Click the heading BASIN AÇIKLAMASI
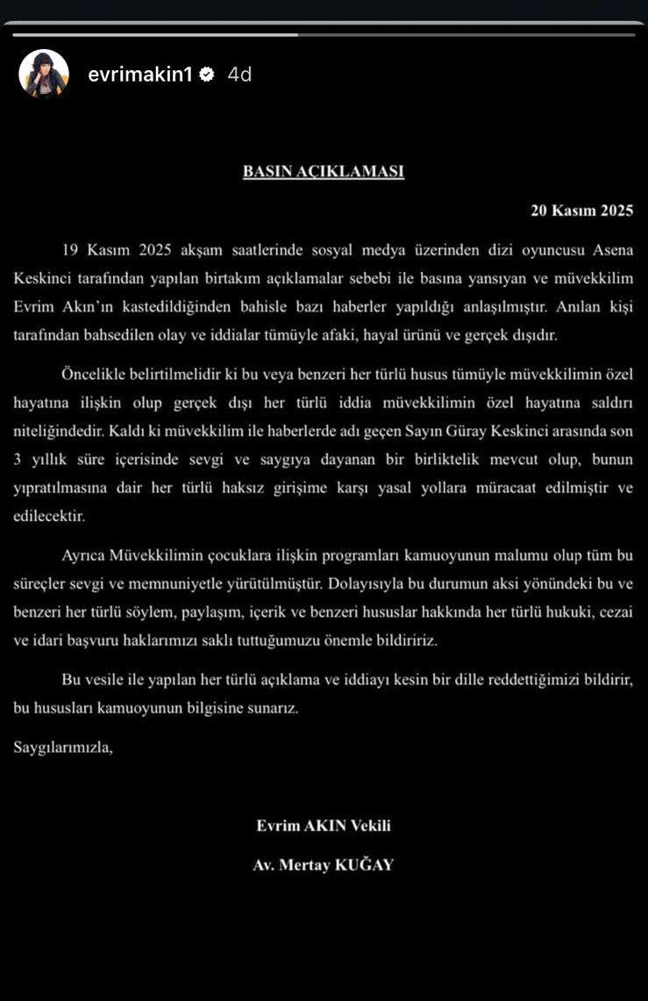[x=323, y=172]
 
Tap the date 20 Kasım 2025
[x=581, y=211]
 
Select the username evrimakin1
[x=139, y=75]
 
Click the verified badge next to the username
[x=207, y=75]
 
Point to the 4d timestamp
[x=239, y=75]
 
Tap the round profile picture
[x=44, y=74]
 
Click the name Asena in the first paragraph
[x=610, y=250]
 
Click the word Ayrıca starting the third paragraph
[x=84, y=555]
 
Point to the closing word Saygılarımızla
[x=63, y=748]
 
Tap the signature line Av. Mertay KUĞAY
[x=323, y=865]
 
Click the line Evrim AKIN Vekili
[x=323, y=826]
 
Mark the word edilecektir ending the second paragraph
[x=49, y=516]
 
